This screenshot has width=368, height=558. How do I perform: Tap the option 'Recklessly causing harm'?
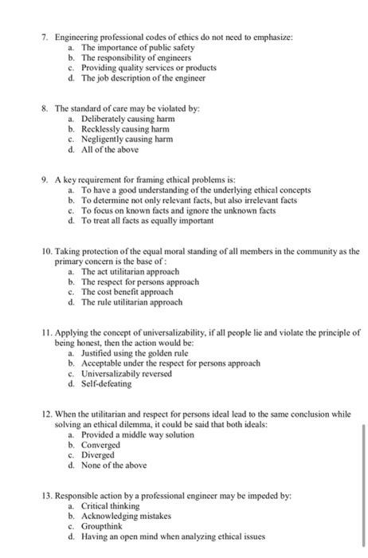tap(121, 128)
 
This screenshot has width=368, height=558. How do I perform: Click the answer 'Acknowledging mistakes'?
tap(124, 516)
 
